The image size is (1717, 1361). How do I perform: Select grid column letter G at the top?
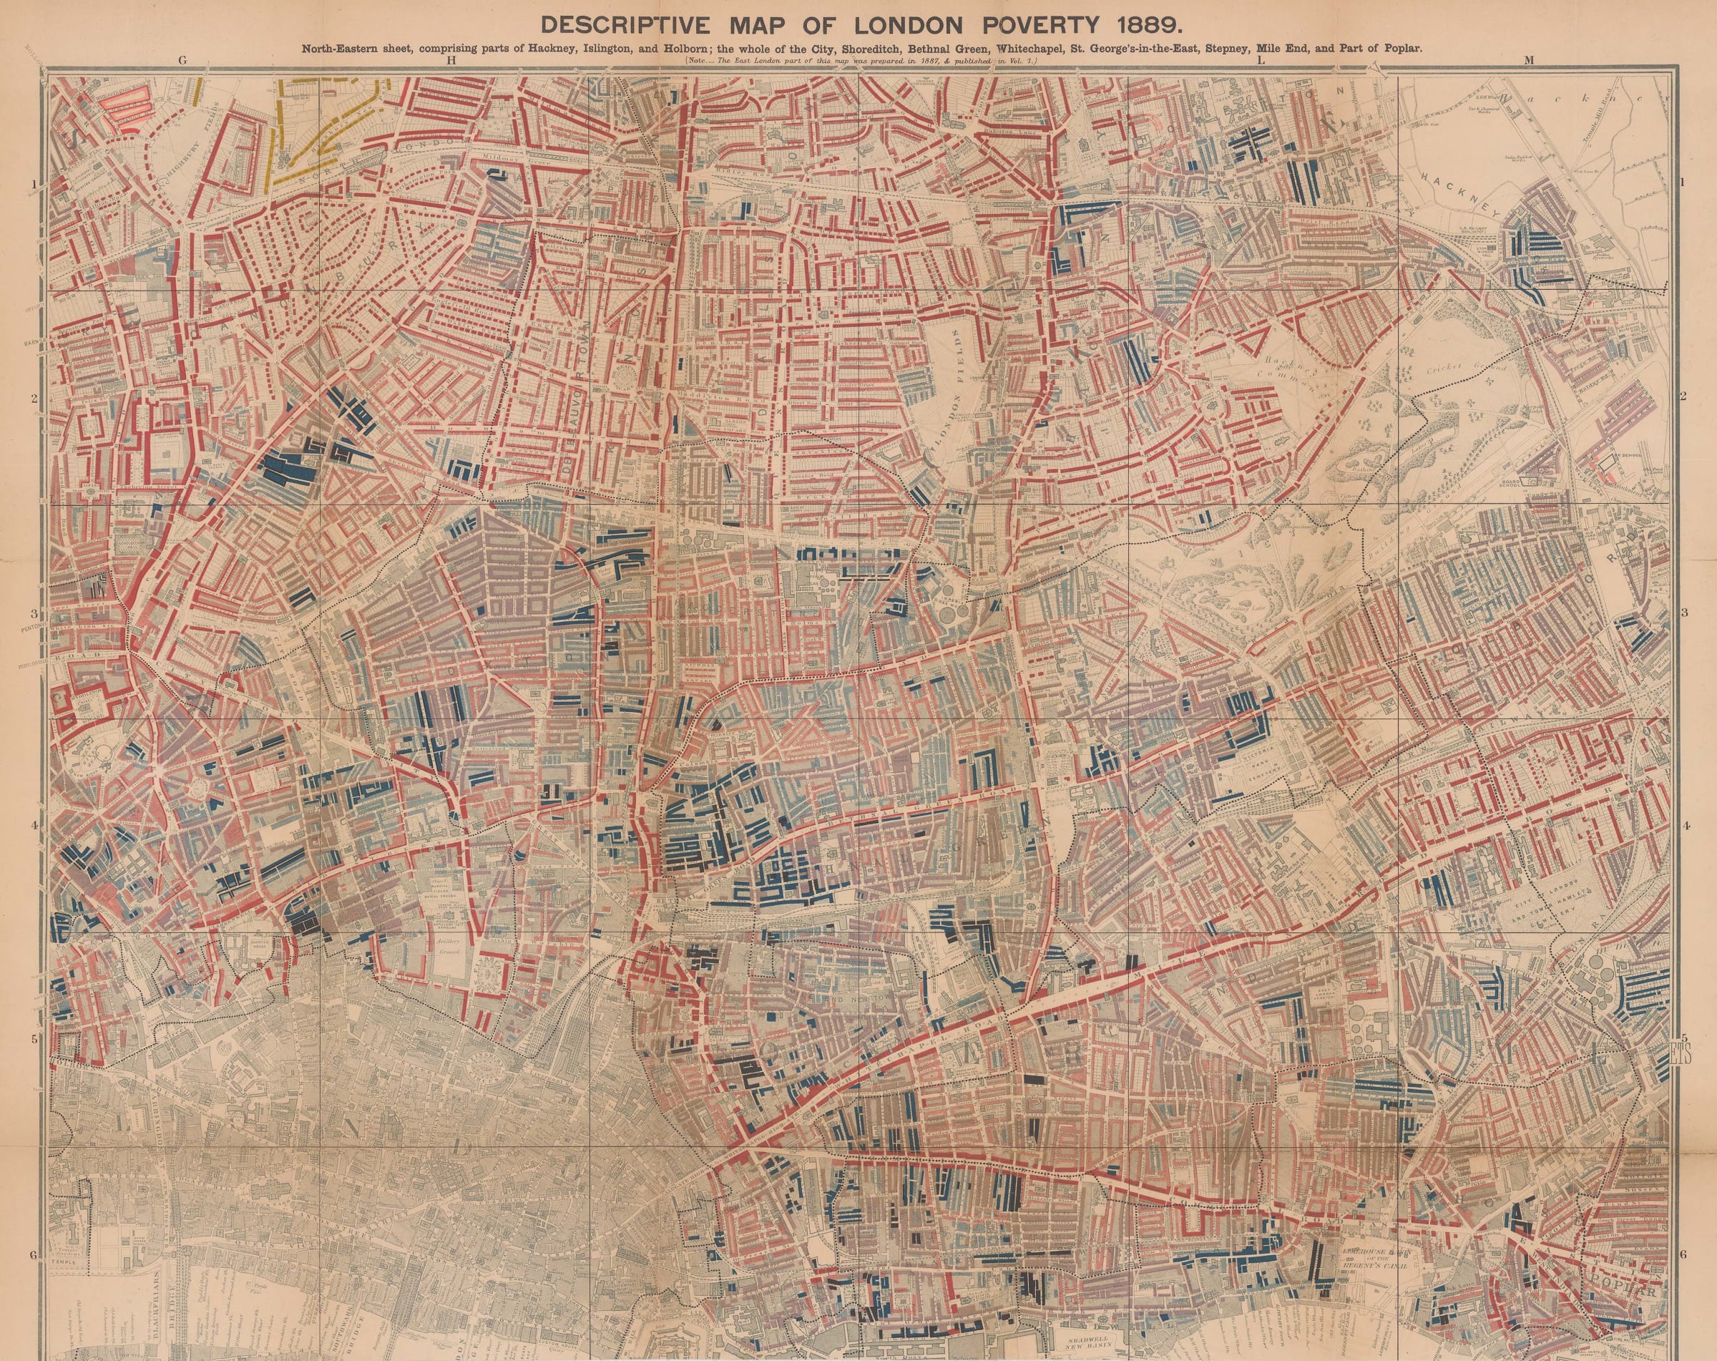tap(183, 59)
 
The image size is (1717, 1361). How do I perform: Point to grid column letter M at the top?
tap(1527, 59)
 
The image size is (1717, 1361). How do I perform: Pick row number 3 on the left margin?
tap(34, 613)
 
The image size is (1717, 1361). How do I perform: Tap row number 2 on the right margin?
tap(1682, 398)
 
